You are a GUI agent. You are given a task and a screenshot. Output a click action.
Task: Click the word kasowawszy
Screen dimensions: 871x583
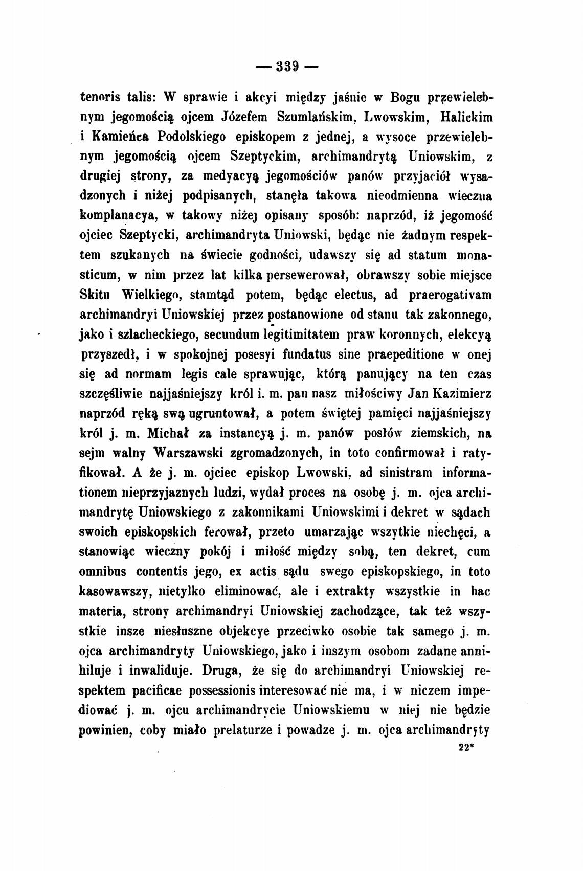(113, 591)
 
